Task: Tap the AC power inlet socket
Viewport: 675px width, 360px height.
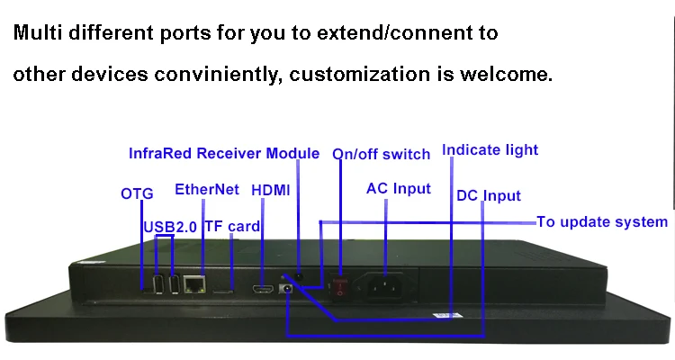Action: [385, 285]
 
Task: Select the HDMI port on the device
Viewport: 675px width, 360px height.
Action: [263, 290]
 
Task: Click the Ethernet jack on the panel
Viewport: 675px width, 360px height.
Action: [194, 284]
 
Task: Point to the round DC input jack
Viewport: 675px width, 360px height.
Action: [286, 288]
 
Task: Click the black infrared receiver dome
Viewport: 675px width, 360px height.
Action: [298, 277]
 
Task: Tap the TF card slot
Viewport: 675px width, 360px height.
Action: [223, 292]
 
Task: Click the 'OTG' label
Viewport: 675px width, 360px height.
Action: [137, 193]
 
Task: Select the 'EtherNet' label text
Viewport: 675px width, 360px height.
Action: [207, 190]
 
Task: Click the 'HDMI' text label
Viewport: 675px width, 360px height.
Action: [270, 190]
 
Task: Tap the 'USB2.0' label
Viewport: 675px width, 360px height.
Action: [170, 227]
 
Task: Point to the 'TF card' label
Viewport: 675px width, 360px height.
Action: [232, 226]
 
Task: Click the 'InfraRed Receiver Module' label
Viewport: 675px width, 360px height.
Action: [224, 153]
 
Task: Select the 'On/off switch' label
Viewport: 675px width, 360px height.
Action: [381, 154]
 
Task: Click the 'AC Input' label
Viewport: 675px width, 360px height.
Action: [399, 189]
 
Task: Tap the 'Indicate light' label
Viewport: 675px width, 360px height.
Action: [490, 150]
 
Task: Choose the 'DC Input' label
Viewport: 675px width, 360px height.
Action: [489, 195]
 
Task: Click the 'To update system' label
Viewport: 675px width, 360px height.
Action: [602, 221]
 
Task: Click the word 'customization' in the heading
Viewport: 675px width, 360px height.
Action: [359, 74]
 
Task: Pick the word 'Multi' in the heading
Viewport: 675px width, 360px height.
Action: [38, 32]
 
